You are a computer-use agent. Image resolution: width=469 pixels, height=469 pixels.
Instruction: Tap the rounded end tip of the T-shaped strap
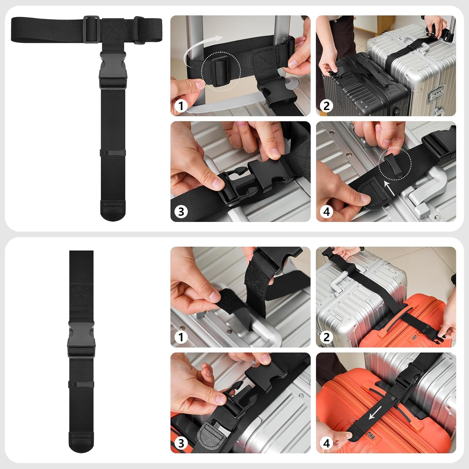pos(113,210)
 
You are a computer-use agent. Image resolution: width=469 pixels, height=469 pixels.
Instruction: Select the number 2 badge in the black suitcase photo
pos(326,106)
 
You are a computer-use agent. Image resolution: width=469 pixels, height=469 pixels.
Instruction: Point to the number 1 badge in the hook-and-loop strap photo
pos(181,337)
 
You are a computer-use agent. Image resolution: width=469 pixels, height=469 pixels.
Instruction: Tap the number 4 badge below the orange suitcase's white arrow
pos(326,443)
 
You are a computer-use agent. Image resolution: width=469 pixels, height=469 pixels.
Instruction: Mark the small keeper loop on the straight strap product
pos(81,384)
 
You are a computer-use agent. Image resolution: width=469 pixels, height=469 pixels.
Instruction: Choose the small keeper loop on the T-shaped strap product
pos(113,153)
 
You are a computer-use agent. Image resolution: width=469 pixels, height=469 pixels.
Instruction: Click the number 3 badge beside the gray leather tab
pos(181,443)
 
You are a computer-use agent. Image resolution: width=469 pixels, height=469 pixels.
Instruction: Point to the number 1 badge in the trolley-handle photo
pos(181,106)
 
